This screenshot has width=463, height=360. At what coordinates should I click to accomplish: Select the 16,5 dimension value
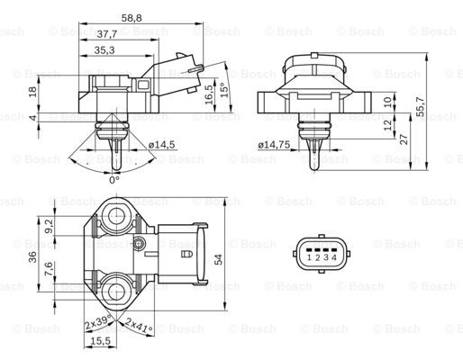(x=210, y=94)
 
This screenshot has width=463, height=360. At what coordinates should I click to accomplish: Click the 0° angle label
(x=113, y=179)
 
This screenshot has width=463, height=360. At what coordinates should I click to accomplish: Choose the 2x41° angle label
(x=140, y=323)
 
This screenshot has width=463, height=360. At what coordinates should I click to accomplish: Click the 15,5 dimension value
(x=100, y=341)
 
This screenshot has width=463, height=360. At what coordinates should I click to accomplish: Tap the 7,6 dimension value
(x=50, y=269)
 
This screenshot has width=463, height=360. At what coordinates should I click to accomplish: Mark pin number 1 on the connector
(x=309, y=258)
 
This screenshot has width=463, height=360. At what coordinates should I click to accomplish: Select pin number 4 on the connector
(x=335, y=258)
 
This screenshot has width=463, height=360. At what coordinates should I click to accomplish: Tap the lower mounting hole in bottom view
(x=115, y=290)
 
